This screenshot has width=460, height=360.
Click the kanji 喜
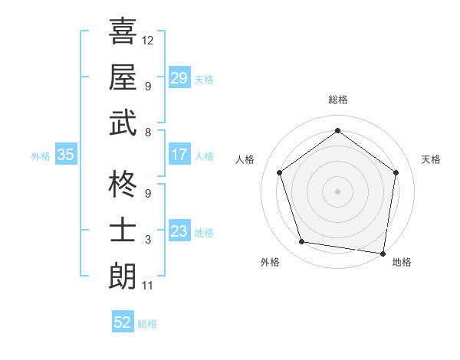coord(123,31)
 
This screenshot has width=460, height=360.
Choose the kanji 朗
coord(123,276)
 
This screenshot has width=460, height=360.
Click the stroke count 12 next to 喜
coord(148,40)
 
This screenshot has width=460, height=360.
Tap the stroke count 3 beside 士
coord(148,240)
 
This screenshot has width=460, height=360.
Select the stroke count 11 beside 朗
coord(148,286)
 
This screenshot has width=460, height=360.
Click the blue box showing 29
coord(179,78)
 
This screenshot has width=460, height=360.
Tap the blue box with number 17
coord(179,155)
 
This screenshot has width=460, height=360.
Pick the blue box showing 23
coord(179,231)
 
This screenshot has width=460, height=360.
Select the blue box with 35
coord(65,155)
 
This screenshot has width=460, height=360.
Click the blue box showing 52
coord(123,322)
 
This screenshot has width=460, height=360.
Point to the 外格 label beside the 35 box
coord(41,155)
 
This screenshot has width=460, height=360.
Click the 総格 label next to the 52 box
coord(147,324)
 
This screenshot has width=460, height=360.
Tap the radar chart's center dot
coord(337,191)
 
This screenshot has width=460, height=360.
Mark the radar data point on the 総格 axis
coord(337,131)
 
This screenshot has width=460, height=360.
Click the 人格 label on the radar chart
coord(245,159)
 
